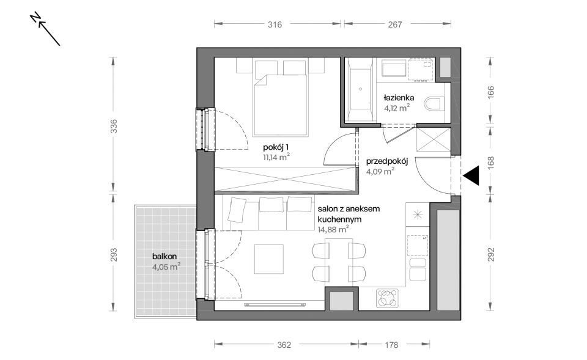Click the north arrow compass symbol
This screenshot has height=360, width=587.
click(46, 30)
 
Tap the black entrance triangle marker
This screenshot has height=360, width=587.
click(471, 176)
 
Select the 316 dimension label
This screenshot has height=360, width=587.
click(275, 24)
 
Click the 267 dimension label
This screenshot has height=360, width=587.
click(395, 24)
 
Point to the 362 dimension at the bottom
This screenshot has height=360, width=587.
click(284, 345)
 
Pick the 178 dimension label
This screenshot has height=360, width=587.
click(391, 345)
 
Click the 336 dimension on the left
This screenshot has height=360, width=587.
click(114, 126)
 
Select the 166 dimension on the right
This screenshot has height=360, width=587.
click(491, 92)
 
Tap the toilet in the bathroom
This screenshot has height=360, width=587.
click(435, 104)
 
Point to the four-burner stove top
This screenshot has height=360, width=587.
click(388, 298)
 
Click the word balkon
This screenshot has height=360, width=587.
click(164, 256)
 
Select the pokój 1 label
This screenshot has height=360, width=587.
click(276, 147)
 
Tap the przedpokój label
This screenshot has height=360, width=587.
click(386, 161)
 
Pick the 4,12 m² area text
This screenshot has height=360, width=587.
click(396, 108)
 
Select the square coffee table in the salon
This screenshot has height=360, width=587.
click(269, 259)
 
